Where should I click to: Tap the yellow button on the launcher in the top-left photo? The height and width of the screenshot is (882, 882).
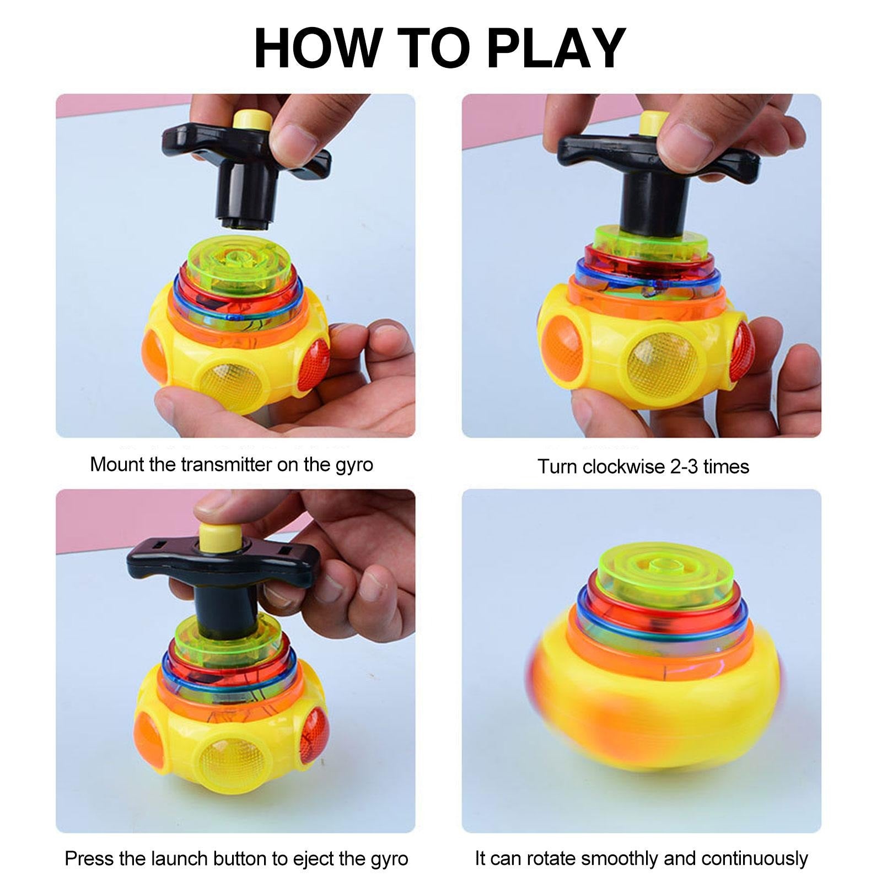251,121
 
